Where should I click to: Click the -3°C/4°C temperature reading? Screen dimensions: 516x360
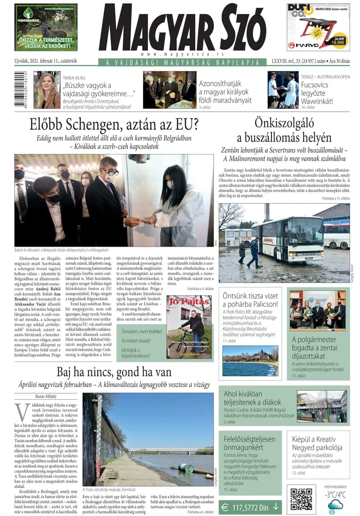(336, 494)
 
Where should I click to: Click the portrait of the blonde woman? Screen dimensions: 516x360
(47, 90)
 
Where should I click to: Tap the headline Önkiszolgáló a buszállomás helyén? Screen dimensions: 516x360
(284, 131)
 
